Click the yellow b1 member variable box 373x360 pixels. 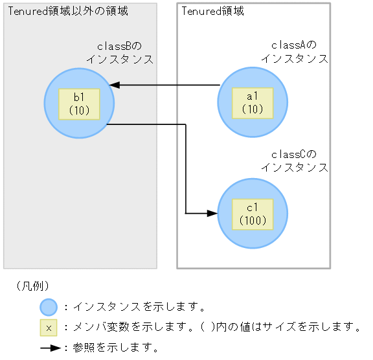[79, 104]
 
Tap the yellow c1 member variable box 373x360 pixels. [253, 214]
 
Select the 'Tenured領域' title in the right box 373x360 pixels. [212, 12]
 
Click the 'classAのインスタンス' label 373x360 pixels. [294, 52]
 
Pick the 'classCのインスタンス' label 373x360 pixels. [294, 161]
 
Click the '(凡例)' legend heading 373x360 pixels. [31, 286]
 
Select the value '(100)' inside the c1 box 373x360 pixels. [253, 221]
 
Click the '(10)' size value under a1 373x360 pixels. [253, 110]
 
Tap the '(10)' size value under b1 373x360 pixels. [79, 111]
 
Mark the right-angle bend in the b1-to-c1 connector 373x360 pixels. [186, 125]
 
